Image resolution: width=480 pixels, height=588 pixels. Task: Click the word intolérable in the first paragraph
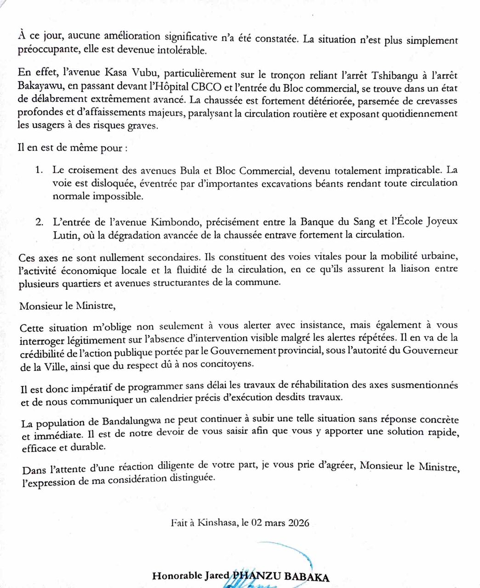[x=182, y=51]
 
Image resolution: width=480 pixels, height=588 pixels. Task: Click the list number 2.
[x=39, y=222]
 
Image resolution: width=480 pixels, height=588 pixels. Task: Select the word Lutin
[x=64, y=234]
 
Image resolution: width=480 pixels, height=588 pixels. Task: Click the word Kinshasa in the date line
[x=216, y=523]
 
